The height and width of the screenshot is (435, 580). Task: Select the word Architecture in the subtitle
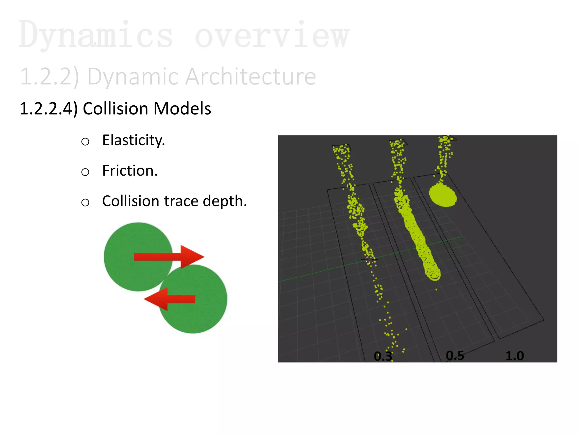point(250,76)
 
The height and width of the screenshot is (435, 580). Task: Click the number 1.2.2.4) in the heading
point(48,108)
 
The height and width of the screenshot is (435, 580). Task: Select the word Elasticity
point(133,140)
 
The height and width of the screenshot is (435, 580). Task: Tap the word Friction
point(130,170)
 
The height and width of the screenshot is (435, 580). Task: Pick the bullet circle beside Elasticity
point(85,141)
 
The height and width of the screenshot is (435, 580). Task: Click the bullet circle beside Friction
point(85,172)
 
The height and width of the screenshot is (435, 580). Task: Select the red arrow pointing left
point(170,299)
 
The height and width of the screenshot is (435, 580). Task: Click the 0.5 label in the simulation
point(455,355)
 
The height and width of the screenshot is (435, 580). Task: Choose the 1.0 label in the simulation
point(515,356)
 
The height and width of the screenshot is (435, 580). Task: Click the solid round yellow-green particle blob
point(443,195)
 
